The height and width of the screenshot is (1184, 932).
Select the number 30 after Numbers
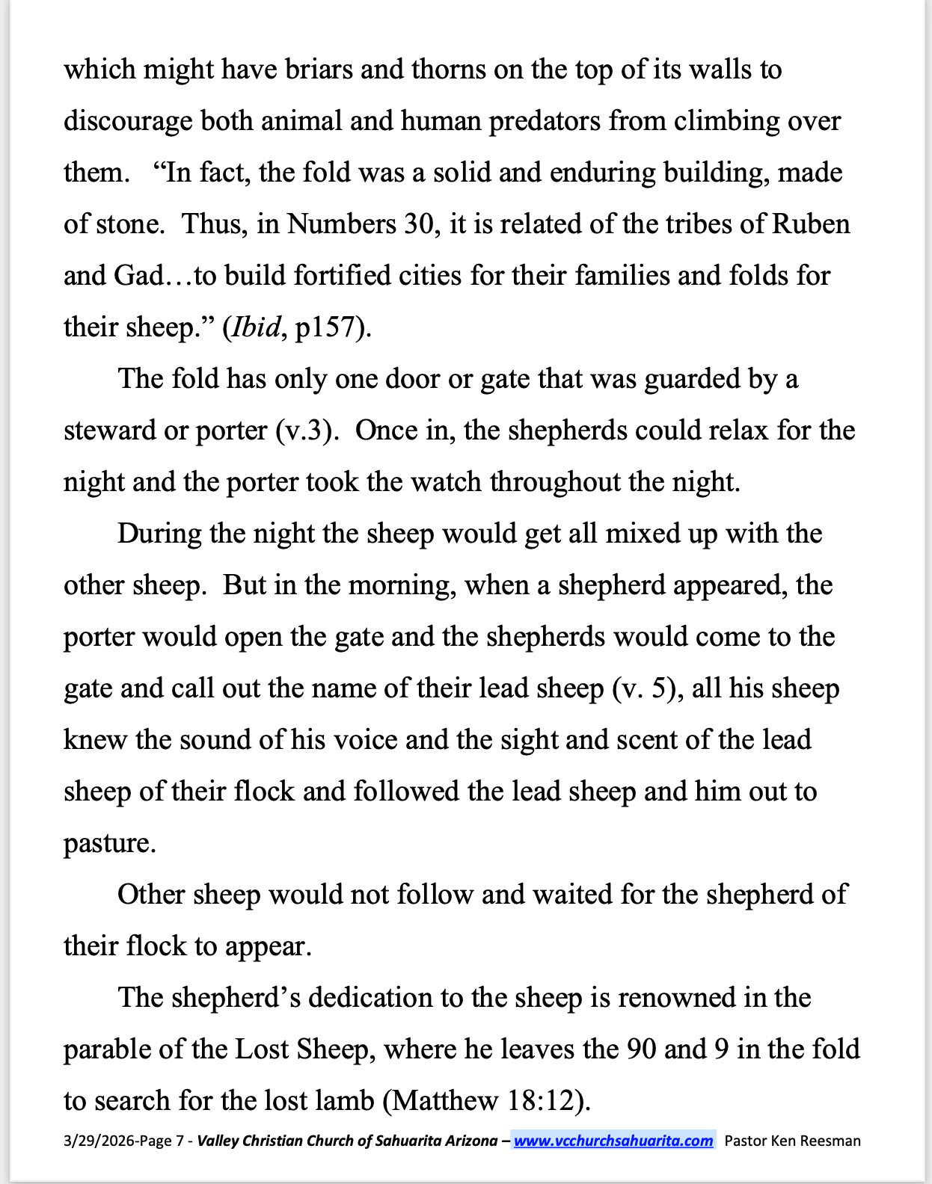coord(418,224)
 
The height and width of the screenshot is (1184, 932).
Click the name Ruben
coord(811,224)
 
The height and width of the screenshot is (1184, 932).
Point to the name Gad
coord(138,276)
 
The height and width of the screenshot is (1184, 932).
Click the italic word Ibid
coord(257,327)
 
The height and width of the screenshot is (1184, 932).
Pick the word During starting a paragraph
coord(159,534)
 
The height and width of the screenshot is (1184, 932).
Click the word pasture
coord(109,843)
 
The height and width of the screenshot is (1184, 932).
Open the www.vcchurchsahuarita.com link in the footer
coord(613,1141)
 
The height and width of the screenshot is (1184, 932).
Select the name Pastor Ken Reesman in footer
coord(793,1141)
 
